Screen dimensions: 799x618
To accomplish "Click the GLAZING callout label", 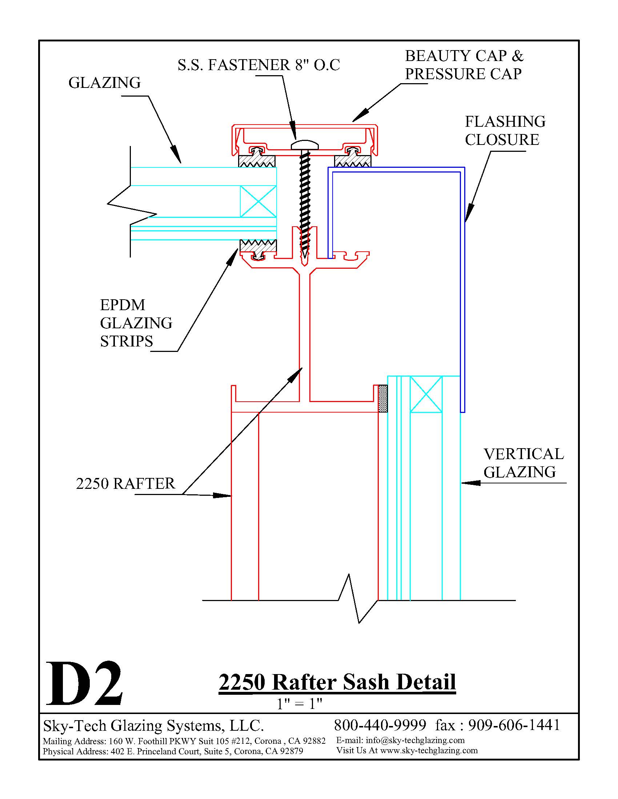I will tap(104, 83).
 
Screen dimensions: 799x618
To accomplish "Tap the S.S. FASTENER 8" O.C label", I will tap(259, 65).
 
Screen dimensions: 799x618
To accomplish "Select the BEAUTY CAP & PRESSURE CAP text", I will tap(464, 65).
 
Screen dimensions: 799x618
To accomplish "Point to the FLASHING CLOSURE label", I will tap(505, 131).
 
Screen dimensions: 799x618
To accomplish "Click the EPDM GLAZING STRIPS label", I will tap(136, 323).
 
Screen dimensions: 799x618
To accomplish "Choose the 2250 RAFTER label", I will tap(125, 483).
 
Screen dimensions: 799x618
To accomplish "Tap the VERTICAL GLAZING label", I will tap(523, 463).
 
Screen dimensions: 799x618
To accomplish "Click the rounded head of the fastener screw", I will tap(305, 145).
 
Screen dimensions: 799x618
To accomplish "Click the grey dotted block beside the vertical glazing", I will tap(382, 399).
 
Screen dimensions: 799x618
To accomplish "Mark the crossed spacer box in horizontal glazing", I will tap(258, 201).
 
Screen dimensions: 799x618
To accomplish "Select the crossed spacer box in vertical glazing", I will tap(426, 394).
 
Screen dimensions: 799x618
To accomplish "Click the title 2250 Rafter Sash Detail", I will tap(337, 682).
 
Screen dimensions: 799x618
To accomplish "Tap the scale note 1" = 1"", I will tap(299, 703).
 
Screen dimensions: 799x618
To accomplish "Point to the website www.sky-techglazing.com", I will tap(429, 750).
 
